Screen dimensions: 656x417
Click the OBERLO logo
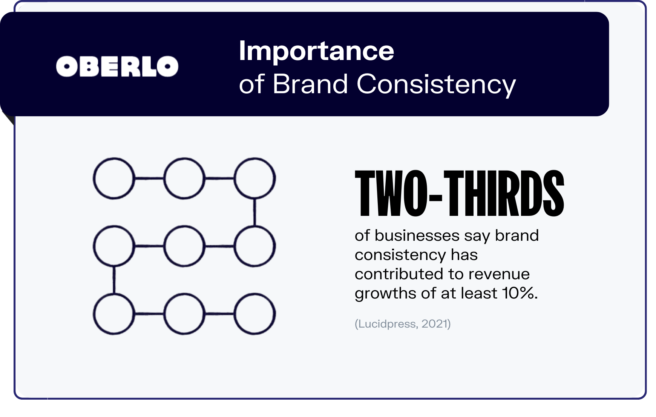pos(117,66)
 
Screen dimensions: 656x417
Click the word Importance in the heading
pos(316,51)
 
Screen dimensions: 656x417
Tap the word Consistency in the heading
pos(436,84)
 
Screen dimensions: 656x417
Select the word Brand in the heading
pos(310,84)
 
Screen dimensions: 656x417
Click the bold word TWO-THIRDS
pos(460,194)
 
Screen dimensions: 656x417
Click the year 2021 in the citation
pos(434,324)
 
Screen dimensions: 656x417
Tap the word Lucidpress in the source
pos(387,324)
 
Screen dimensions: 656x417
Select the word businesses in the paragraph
pos(417,235)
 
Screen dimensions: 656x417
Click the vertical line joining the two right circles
pos(255,212)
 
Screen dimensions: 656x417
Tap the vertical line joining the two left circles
pos(114,280)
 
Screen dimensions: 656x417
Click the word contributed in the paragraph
pos(399,274)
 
